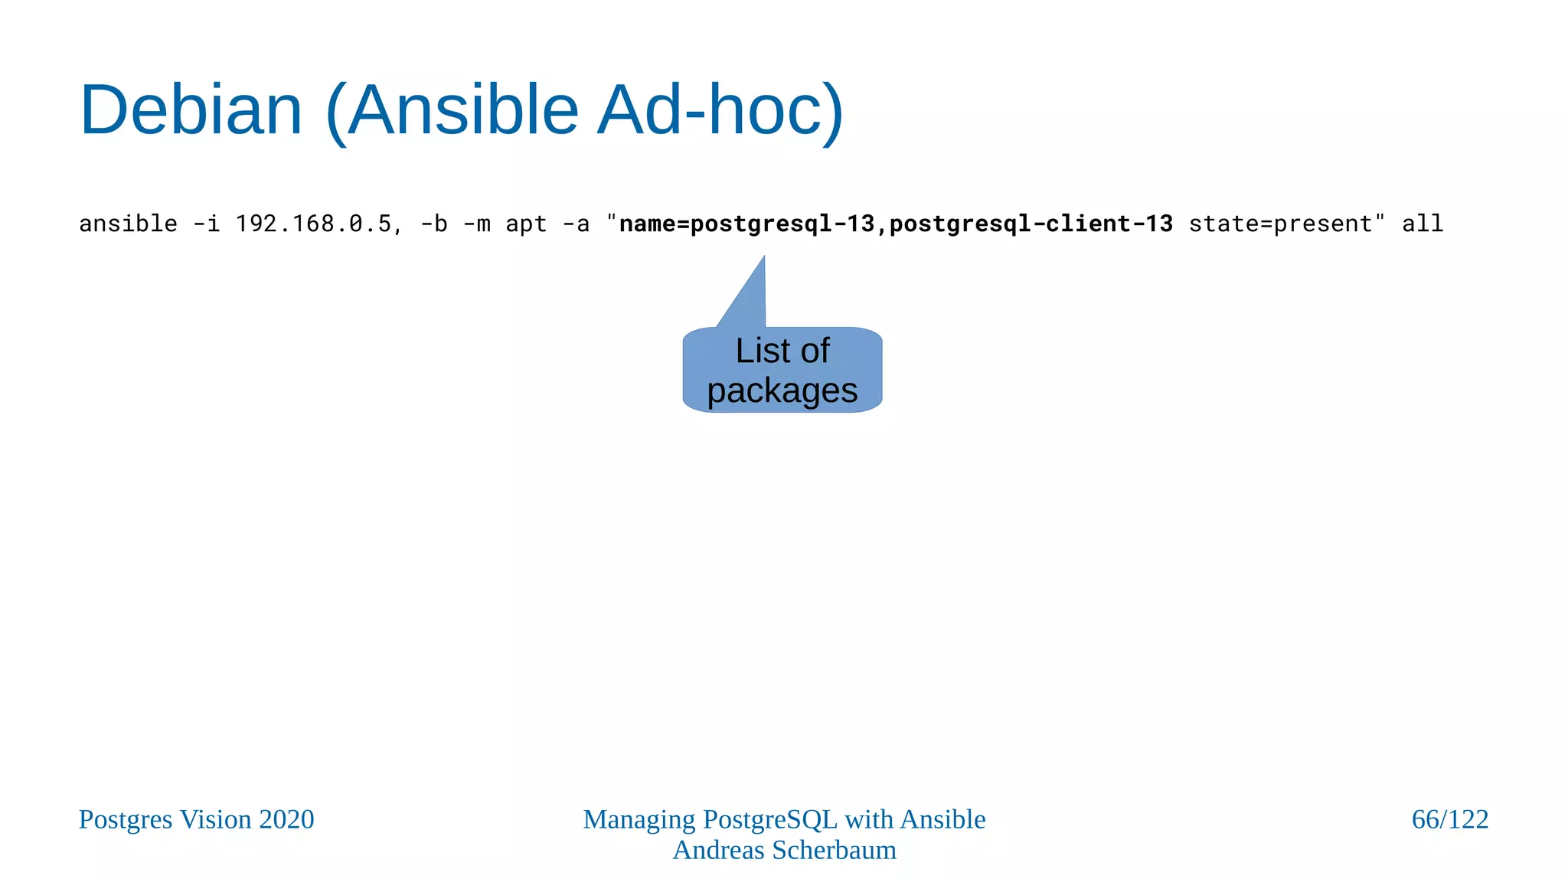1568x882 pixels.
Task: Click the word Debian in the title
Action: [x=191, y=110]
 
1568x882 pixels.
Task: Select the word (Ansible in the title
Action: [x=452, y=110]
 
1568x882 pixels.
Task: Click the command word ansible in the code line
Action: [x=128, y=224]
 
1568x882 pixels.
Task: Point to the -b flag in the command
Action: [x=433, y=224]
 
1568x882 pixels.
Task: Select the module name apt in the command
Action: [x=526, y=224]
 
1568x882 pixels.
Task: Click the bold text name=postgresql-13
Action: [x=746, y=224]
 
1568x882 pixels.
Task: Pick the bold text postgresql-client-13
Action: [x=1031, y=224]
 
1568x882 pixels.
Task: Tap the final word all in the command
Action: [x=1423, y=224]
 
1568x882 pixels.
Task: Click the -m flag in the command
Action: [x=476, y=224]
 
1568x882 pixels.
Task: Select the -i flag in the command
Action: [x=206, y=224]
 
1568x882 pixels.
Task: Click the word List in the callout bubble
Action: [x=761, y=351]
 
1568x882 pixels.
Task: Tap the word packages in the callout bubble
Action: [x=782, y=390]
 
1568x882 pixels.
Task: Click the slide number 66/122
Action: [x=1449, y=819]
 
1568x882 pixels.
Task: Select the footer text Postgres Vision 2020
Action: [x=196, y=819]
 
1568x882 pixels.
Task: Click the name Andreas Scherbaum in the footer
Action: [x=784, y=850]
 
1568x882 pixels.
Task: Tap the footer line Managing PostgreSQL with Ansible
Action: [x=784, y=819]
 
